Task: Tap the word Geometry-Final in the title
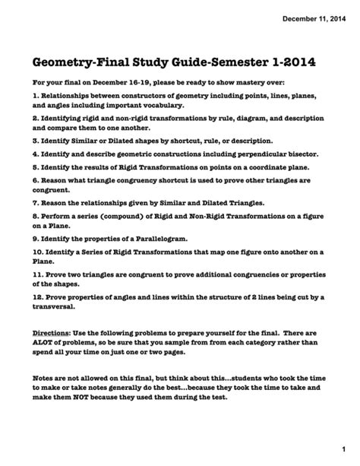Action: pos(86,59)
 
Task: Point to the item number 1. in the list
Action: pos(36,97)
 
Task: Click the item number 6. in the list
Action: pos(36,180)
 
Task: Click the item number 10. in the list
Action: pos(39,252)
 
